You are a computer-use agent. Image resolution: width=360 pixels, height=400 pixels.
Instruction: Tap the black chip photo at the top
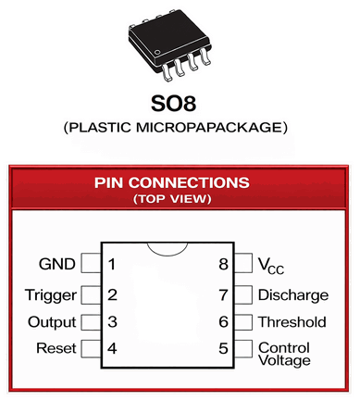tap(179, 43)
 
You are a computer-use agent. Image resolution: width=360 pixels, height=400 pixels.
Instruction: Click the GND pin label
tap(56, 265)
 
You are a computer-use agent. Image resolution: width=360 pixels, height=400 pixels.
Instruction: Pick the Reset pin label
tap(56, 349)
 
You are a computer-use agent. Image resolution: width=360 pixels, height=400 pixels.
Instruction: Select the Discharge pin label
tap(292, 295)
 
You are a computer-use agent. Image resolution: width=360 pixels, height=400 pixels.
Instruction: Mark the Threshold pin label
tap(292, 322)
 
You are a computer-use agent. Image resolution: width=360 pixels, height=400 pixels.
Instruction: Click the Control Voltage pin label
tap(284, 355)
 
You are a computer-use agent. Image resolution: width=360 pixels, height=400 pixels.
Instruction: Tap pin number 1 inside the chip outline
tap(111, 265)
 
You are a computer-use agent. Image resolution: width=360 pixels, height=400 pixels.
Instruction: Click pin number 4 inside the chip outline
tap(111, 349)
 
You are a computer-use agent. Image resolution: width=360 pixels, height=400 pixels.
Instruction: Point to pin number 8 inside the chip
tap(223, 265)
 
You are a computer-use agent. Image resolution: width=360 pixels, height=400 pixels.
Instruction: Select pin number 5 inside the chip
tap(223, 349)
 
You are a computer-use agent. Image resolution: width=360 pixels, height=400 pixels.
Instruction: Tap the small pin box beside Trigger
tap(90, 295)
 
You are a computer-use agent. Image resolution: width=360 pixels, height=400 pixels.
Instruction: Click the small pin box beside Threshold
tap(244, 322)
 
